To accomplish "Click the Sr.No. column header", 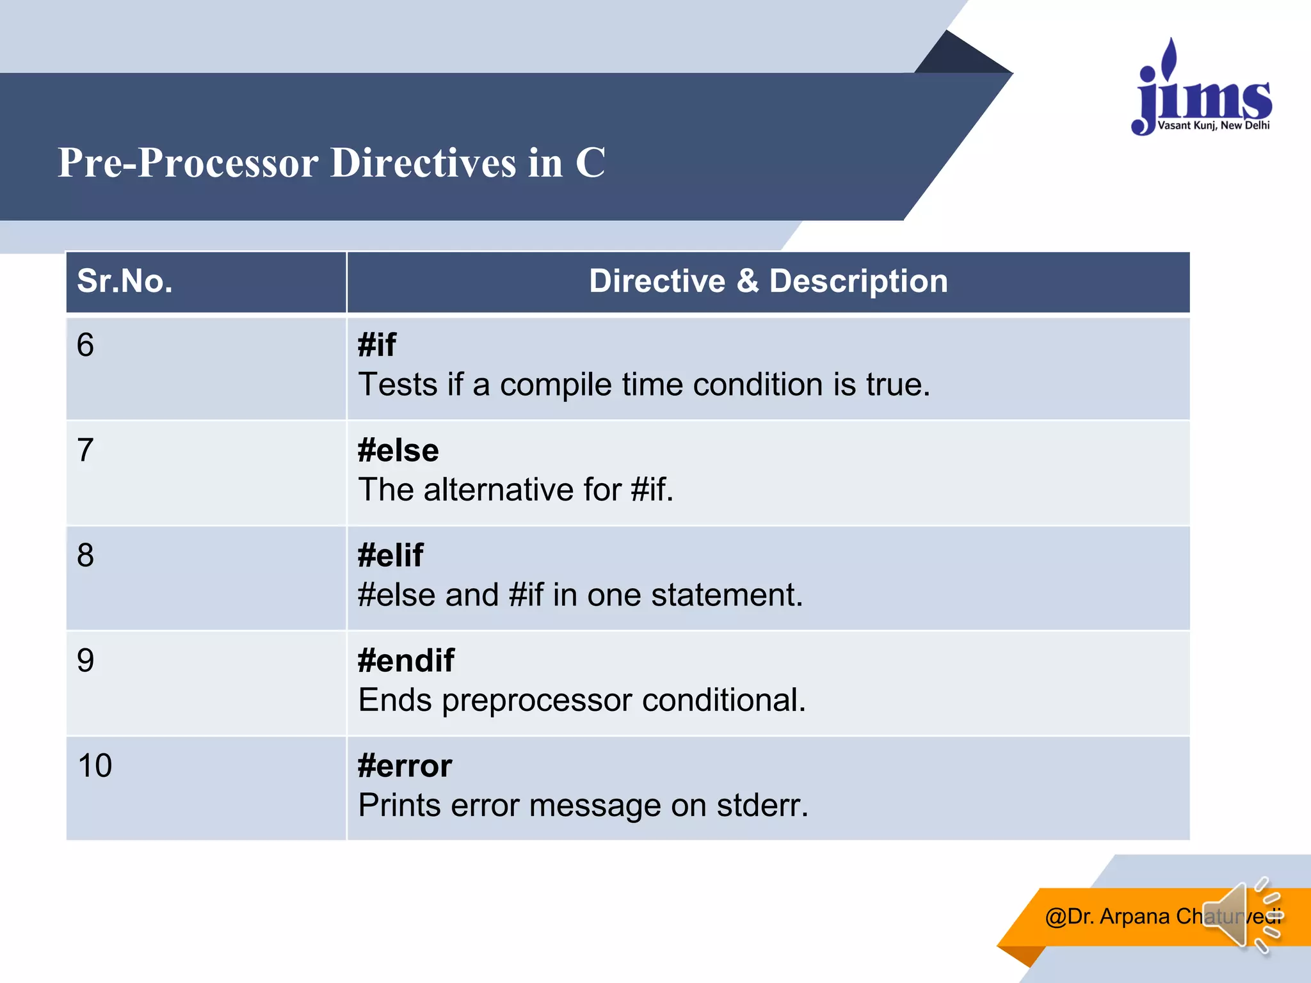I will click(x=125, y=282).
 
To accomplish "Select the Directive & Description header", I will click(x=768, y=282).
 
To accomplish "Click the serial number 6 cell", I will click(x=86, y=346).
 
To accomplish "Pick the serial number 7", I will click(x=86, y=451).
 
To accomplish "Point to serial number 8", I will click(x=86, y=555).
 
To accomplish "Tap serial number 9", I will click(x=86, y=660).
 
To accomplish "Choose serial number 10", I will click(x=95, y=765).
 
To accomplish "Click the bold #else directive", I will click(x=398, y=451).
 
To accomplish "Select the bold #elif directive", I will click(x=390, y=555).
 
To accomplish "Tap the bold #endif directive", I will click(x=406, y=660).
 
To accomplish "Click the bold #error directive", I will click(x=405, y=765).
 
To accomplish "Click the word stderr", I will click(x=761, y=805).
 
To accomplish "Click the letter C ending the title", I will click(x=590, y=163).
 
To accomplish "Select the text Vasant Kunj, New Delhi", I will click(x=1213, y=125).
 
